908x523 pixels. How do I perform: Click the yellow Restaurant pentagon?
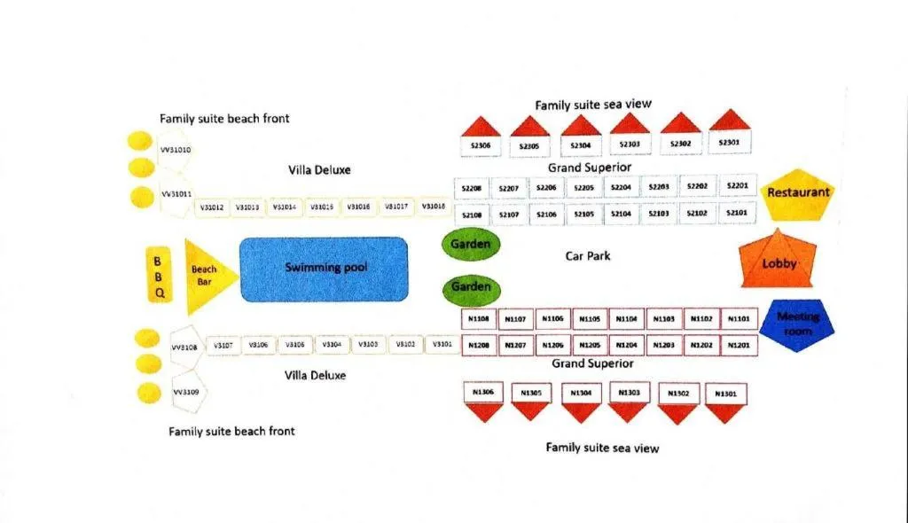click(x=798, y=193)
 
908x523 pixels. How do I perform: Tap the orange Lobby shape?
click(x=779, y=261)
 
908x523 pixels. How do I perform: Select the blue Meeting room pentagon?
click(x=798, y=324)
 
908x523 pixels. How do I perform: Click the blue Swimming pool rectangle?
click(x=325, y=268)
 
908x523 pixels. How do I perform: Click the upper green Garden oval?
click(x=470, y=244)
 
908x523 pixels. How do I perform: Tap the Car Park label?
click(x=588, y=256)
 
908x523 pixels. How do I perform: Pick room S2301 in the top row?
click(x=729, y=142)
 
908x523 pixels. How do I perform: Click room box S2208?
click(x=472, y=189)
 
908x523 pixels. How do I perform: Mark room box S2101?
click(x=736, y=213)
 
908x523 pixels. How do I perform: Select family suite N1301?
click(x=724, y=394)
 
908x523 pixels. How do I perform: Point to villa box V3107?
click(x=223, y=345)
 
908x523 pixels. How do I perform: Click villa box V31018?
click(x=434, y=207)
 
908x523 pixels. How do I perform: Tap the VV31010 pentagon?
click(x=175, y=150)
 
